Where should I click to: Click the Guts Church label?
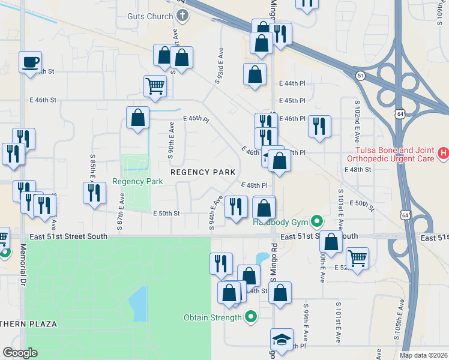[149, 16]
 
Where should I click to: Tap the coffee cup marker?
[30, 62]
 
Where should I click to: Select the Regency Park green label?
[137, 181]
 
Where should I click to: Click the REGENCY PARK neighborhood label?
[203, 172]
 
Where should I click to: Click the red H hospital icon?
[444, 154]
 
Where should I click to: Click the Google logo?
[20, 353]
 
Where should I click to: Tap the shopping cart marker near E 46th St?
[155, 85]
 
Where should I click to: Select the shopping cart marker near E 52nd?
[357, 258]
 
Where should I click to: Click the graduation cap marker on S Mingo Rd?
[282, 340]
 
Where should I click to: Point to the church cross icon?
[181, 16]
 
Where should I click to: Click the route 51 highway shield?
[360, 76]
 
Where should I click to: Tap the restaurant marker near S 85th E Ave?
[94, 193]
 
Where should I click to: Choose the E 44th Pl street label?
[292, 83]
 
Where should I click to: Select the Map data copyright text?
[423, 355]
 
